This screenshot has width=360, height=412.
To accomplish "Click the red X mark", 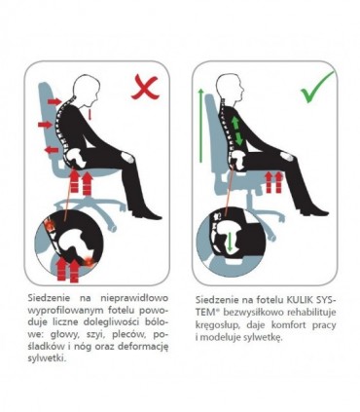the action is click(146, 88).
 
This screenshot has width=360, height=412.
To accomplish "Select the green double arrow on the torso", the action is click(237, 131).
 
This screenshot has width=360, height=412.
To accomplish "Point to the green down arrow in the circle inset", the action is click(230, 241).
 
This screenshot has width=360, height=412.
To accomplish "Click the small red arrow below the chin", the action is click(91, 115).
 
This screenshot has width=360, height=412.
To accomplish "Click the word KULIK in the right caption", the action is click(298, 299).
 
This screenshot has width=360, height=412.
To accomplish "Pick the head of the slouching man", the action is click(86, 87).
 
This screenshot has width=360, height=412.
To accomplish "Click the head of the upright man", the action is click(230, 87).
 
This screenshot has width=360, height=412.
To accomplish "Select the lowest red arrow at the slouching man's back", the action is click(52, 150).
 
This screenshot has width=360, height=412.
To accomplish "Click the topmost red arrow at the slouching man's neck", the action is click(54, 101).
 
